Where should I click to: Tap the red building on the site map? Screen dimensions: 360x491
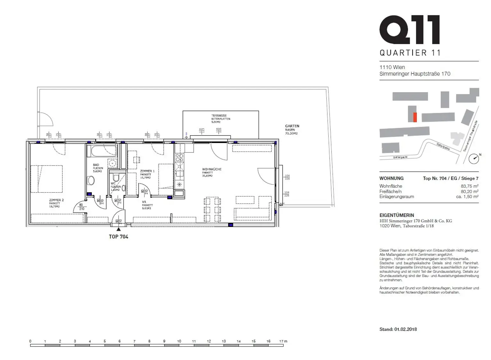[x=415, y=117]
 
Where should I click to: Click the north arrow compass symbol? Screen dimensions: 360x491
[x=474, y=159]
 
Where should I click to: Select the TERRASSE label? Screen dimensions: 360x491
[x=219, y=116]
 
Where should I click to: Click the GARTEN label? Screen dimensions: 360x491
[x=292, y=126]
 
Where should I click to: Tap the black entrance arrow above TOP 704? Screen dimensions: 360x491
[x=119, y=229]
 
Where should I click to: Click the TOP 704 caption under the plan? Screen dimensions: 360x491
[x=119, y=237]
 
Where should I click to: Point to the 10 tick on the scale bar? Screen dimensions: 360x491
[x=179, y=341]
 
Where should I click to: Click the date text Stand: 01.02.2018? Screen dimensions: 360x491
[x=398, y=329]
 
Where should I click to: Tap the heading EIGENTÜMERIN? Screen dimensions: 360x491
[x=396, y=215]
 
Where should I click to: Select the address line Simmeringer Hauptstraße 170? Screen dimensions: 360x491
[x=415, y=74]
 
